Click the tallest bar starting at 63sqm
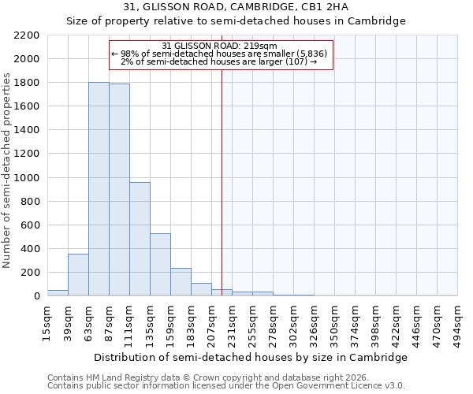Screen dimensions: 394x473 pyautogui.click(x=99, y=189)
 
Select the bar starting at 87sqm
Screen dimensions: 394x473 pyautogui.click(x=119, y=190)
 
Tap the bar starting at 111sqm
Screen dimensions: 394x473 pyautogui.click(x=140, y=239)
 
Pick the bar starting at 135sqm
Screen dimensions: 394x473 pyautogui.click(x=160, y=265)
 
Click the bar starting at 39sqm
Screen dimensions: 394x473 pyautogui.click(x=78, y=275)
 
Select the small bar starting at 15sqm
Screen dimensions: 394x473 pyautogui.click(x=58, y=292)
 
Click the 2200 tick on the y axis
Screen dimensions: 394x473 pyautogui.click(x=27, y=35)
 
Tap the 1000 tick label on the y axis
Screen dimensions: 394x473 pyautogui.click(x=27, y=178)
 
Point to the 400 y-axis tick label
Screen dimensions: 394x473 pyautogui.click(x=30, y=249)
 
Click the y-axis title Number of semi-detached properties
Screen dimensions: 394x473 pyautogui.click(x=8, y=170)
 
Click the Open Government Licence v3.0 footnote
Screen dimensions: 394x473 pyautogui.click(x=226, y=386)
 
